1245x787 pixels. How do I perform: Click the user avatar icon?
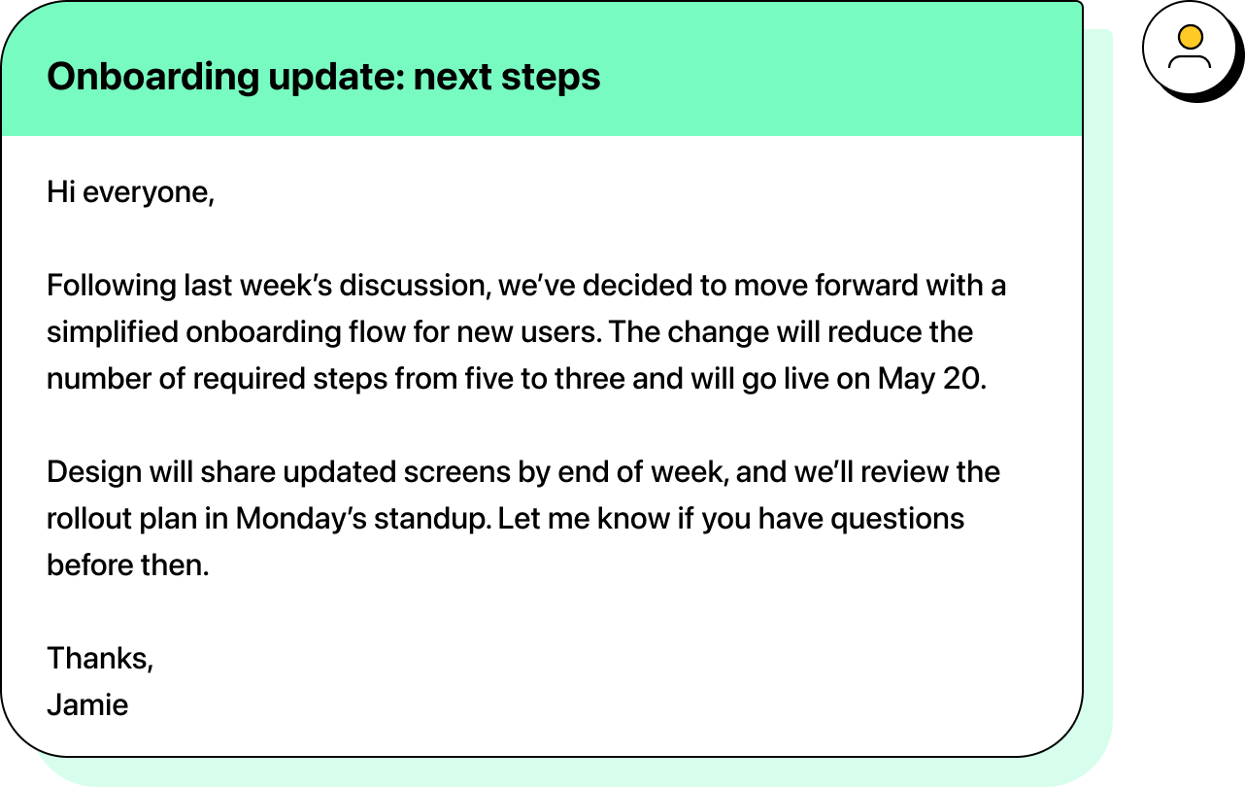coord(1190,48)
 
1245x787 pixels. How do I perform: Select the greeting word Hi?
coord(60,192)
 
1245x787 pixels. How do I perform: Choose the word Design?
coord(94,472)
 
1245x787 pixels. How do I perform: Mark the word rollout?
coord(87,519)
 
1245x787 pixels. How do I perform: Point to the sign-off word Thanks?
coord(98,659)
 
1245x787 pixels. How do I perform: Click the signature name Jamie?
coord(87,705)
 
